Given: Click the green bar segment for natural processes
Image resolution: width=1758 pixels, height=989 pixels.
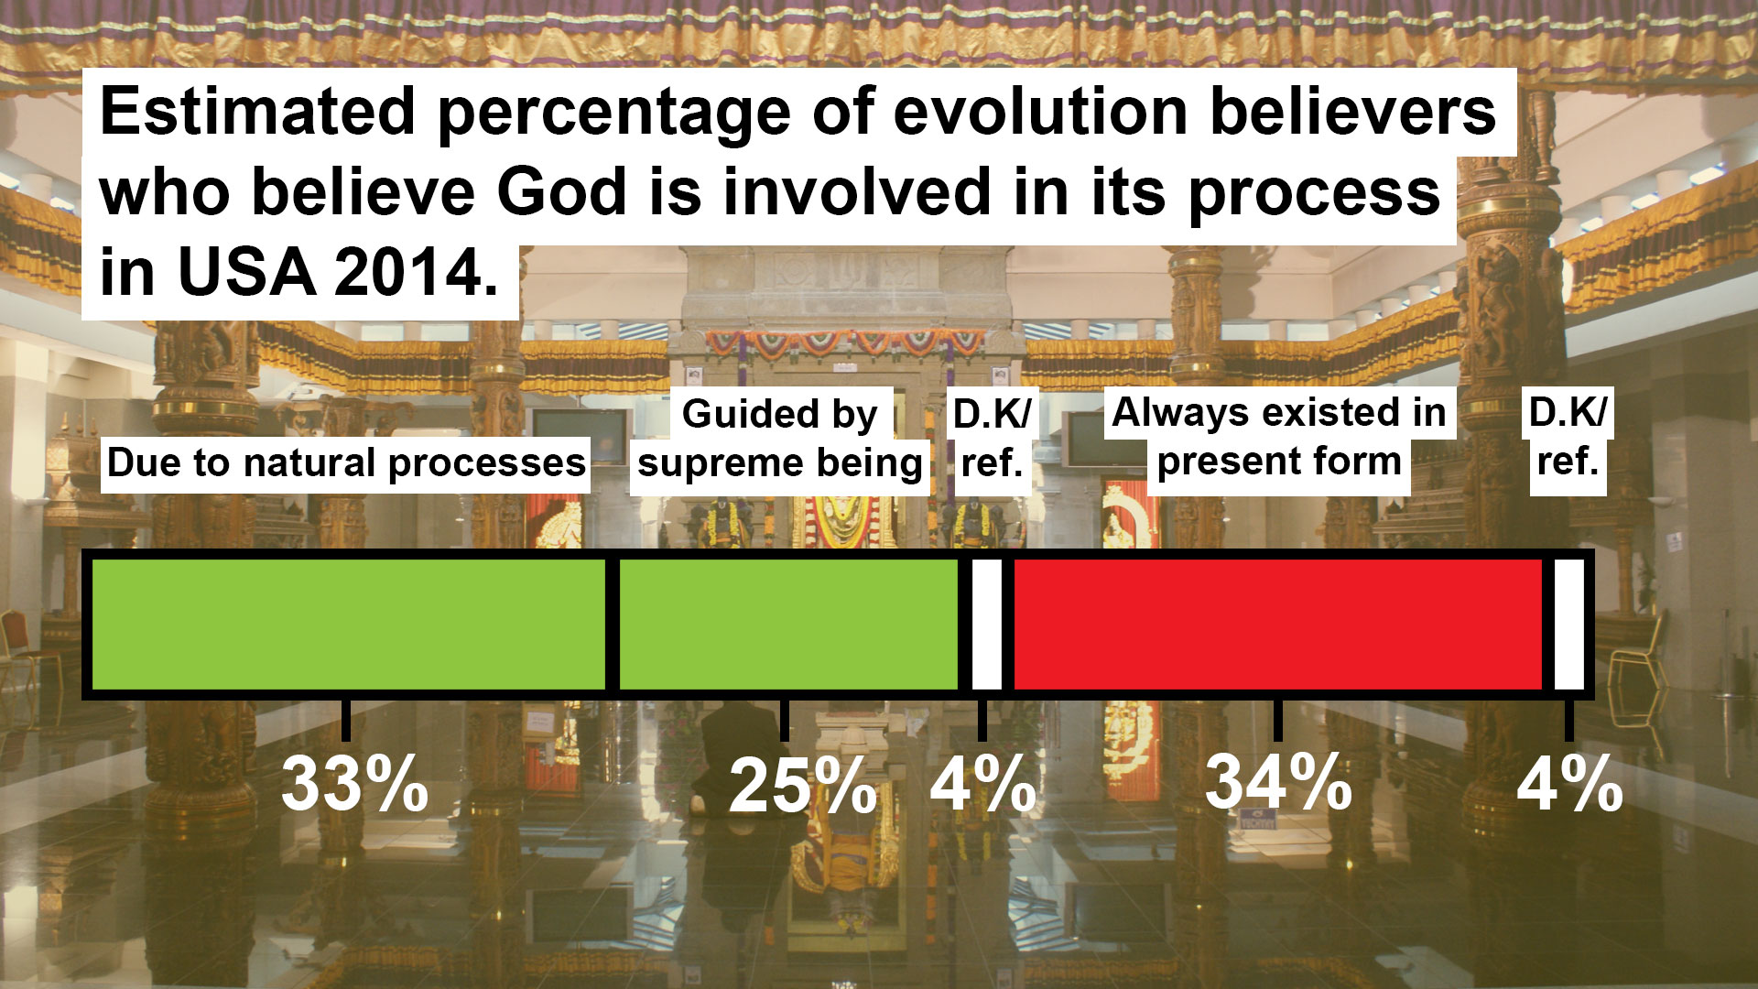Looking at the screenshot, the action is tap(349, 624).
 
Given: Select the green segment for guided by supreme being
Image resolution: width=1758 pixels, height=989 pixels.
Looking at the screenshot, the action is tap(788, 624).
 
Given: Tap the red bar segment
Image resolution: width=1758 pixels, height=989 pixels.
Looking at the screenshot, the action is tap(1278, 624).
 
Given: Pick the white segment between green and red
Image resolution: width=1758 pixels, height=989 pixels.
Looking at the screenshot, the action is tap(986, 624).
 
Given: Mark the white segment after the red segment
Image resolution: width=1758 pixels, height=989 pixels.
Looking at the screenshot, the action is tap(1569, 624).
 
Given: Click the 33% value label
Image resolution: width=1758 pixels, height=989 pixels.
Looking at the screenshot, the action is tap(354, 784).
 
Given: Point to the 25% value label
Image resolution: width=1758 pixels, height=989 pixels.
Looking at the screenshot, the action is tap(803, 787).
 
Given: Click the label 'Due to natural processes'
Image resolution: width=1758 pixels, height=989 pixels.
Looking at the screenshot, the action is tap(346, 463).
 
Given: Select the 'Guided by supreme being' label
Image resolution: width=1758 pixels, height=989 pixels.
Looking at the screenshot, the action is tap(780, 439).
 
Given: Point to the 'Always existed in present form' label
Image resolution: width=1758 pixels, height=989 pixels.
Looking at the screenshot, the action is tap(1279, 438).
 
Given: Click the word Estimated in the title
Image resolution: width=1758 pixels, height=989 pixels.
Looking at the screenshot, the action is tap(257, 112).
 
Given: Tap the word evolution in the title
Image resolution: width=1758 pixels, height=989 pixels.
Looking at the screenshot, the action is tap(1040, 112).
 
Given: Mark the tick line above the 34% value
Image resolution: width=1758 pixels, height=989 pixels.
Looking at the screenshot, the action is tap(1278, 720).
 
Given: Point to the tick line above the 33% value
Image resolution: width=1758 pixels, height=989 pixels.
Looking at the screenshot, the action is tap(346, 720).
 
